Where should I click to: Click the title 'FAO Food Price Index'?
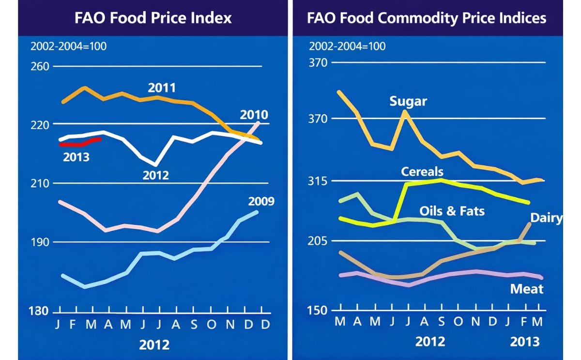pos(153,18)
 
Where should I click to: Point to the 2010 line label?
pos(254,115)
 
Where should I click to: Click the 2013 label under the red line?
pos(76,156)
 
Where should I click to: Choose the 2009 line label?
pos(261,201)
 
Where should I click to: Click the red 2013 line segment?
pos(80,143)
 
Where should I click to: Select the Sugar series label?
pos(408,101)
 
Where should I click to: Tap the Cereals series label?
pos(422,172)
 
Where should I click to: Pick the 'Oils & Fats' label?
pos(452,211)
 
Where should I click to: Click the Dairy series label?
pos(546,218)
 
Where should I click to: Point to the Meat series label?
pos(527,289)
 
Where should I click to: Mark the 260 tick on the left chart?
pos(40,66)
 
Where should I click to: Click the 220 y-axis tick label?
pos(40,125)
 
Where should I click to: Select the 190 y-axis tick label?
pos(40,242)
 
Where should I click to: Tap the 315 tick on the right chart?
pos(318,181)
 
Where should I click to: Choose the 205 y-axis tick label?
pos(318,241)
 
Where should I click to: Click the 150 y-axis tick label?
pos(318,311)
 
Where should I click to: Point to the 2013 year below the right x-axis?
pos(524,342)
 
